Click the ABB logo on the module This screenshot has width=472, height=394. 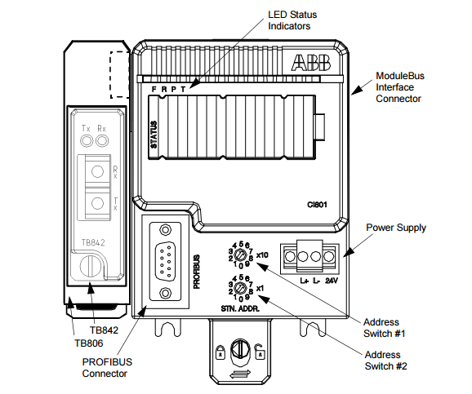click(310, 63)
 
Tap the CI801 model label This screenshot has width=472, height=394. click(317, 205)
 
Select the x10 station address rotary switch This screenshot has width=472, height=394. click(241, 255)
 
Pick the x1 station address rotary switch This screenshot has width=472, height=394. click(241, 288)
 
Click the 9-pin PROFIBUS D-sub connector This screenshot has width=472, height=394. click(165, 261)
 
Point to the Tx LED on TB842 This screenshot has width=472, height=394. click(87, 141)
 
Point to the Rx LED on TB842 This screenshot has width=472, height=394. click(102, 141)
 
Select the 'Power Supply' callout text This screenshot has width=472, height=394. click(396, 228)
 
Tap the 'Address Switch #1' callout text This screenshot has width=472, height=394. click(384, 328)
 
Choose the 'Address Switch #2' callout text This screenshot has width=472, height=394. click(385, 361)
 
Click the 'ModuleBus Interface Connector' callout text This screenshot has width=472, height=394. click(400, 87)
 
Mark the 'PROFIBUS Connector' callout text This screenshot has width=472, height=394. click(107, 368)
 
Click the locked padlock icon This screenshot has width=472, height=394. click(220, 352)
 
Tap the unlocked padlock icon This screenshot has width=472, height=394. click(260, 352)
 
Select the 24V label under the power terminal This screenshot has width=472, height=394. click(332, 281)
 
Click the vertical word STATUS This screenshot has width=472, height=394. click(154, 135)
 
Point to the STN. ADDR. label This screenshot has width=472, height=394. click(240, 308)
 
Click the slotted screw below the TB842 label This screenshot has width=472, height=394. click(90, 267)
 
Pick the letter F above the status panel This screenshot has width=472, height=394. click(154, 90)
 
